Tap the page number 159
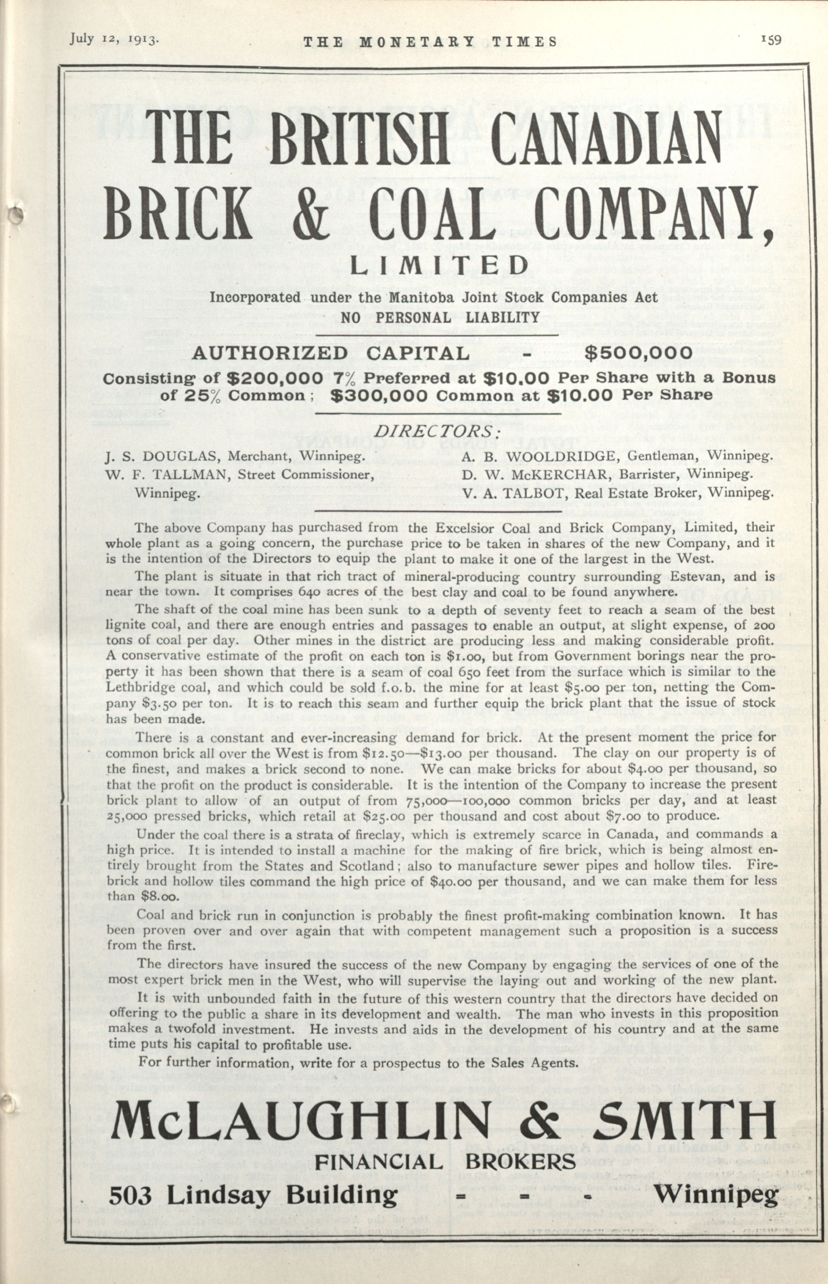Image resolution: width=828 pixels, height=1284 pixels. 771,40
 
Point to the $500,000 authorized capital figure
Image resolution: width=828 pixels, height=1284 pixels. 638,353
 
